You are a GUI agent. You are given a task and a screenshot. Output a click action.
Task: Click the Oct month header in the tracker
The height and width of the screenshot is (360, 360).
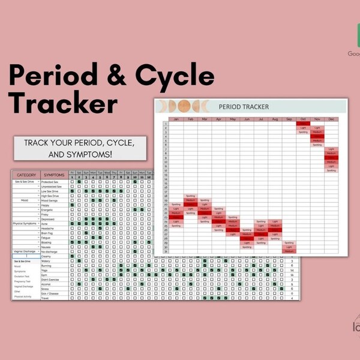tap(302, 119)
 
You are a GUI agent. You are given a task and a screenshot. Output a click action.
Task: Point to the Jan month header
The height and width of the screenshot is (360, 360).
tap(176, 119)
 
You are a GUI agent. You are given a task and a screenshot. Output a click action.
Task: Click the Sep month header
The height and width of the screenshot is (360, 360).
tap(289, 119)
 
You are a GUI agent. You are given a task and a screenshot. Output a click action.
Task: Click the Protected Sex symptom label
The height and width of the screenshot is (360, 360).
tap(50, 181)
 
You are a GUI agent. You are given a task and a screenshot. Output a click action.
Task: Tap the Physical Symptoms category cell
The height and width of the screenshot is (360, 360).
tap(25, 223)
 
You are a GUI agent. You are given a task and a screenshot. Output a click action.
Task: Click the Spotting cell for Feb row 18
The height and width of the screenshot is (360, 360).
tap(190, 196)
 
